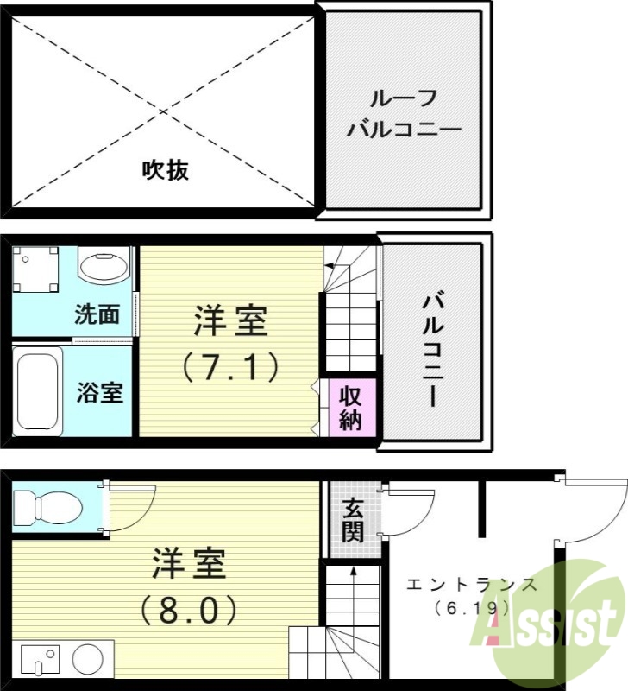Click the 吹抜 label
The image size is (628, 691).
[x=165, y=170]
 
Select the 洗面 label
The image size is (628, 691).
[x=97, y=314]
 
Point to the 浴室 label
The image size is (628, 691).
[x=99, y=393]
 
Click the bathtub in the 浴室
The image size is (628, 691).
[x=38, y=390]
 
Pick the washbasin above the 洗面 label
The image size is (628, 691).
[x=104, y=264]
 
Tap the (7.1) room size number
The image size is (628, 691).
[x=230, y=367]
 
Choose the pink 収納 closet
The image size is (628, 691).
[x=349, y=408]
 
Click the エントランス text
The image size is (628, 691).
[x=472, y=585]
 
